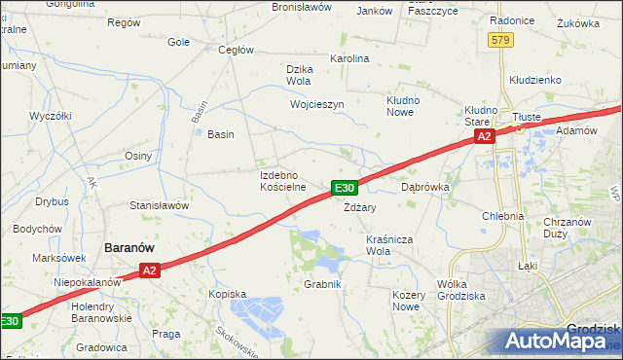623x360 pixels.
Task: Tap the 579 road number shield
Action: pos(500,40)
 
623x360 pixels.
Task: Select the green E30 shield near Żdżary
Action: pos(344,188)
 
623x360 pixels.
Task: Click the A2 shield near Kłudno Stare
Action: pos(485,138)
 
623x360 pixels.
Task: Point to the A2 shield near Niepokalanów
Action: pos(148,271)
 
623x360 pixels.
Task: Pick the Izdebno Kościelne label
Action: pos(283,180)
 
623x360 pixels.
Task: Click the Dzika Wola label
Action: pos(299,74)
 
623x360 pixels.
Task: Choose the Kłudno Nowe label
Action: pos(402,105)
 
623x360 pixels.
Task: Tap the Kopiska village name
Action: pos(227,293)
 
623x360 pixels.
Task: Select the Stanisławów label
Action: pos(159,205)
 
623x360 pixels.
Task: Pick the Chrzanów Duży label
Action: pos(568,228)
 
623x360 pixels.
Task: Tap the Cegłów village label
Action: pos(237,50)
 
